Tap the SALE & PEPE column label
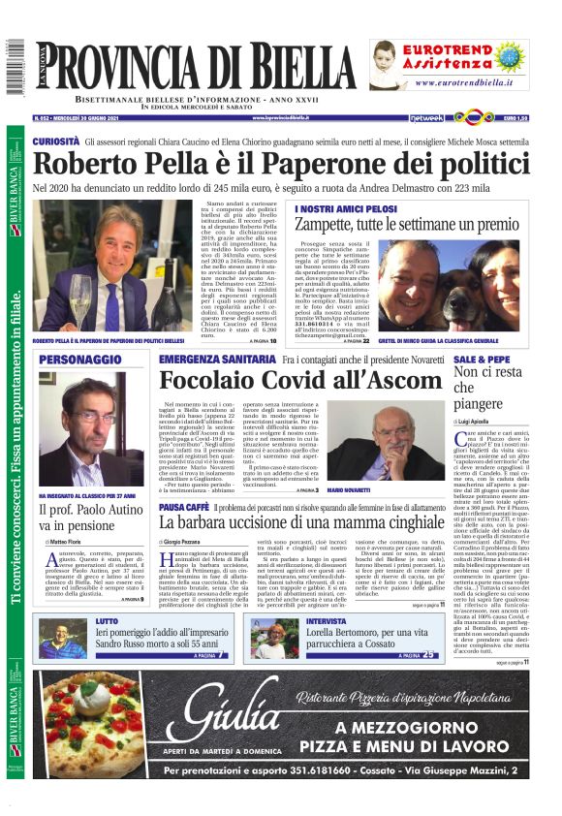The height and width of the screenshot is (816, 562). (x=481, y=359)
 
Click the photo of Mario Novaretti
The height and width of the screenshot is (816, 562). (x=396, y=447)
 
